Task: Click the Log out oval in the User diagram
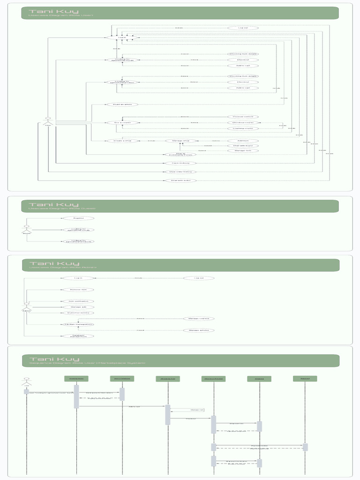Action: click(x=243, y=28)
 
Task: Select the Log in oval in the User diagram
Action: click(x=121, y=37)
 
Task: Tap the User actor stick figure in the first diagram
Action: click(x=47, y=120)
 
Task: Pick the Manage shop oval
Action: click(x=180, y=141)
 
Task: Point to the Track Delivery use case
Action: click(x=180, y=163)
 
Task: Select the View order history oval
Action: click(x=180, y=172)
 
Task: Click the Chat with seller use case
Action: click(x=180, y=180)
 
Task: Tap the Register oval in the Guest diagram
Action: click(x=78, y=218)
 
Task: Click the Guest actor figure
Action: click(x=27, y=229)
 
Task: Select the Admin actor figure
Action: click(x=27, y=307)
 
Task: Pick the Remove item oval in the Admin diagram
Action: click(x=78, y=290)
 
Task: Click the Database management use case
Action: click(x=78, y=336)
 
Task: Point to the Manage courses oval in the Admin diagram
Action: click(x=199, y=318)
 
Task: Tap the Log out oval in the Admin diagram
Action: click(x=199, y=278)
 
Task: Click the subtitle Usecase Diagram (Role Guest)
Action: click(x=62, y=209)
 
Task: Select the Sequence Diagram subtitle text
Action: click(x=87, y=363)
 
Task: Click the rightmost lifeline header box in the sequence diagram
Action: click(x=305, y=378)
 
